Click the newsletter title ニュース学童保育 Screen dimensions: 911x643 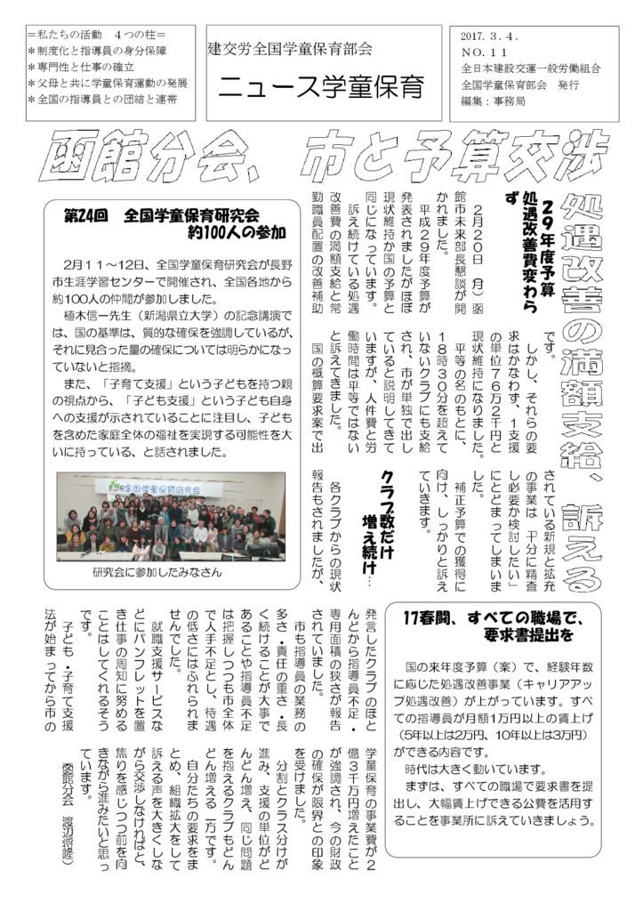pos(321,87)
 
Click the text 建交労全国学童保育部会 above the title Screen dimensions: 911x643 pos(289,50)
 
